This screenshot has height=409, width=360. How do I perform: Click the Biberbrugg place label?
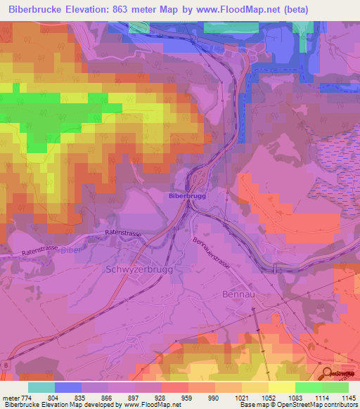187,196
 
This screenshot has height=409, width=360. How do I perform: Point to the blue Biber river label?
67,250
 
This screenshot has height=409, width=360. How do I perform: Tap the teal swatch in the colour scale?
41,387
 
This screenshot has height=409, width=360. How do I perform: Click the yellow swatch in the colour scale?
281,387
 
